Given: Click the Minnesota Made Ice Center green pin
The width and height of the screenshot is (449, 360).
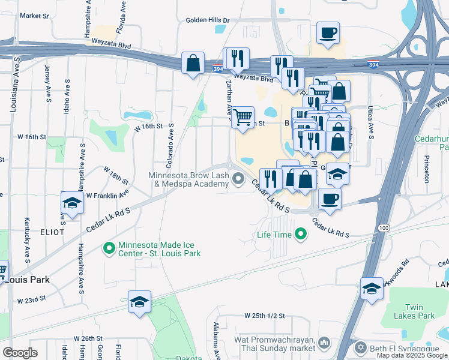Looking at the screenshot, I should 109,248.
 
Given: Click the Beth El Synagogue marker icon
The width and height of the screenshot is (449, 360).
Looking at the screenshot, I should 360,347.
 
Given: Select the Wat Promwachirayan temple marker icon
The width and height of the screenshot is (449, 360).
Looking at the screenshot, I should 324,343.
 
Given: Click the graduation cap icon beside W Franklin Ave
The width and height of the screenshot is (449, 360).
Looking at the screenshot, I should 72,203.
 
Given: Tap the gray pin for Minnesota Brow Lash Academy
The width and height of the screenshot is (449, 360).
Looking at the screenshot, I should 239,178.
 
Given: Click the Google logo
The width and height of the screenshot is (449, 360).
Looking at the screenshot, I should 20,352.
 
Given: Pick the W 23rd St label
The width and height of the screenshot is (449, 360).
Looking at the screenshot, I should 32,300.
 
